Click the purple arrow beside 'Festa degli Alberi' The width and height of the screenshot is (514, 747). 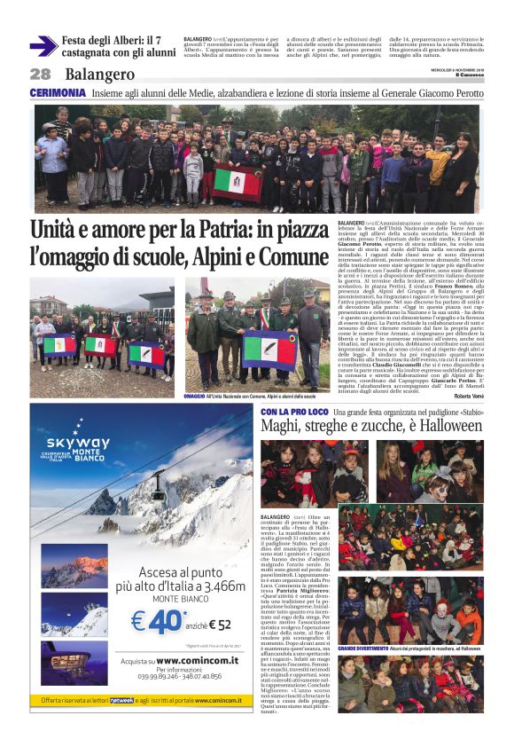pyautogui.click(x=43, y=45)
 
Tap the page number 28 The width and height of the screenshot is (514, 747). pyautogui.click(x=40, y=75)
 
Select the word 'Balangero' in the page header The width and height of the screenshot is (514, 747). pyautogui.click(x=99, y=75)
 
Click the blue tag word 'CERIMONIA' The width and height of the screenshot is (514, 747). pyautogui.click(x=57, y=92)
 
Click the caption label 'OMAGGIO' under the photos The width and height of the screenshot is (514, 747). pyautogui.click(x=198, y=397)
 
